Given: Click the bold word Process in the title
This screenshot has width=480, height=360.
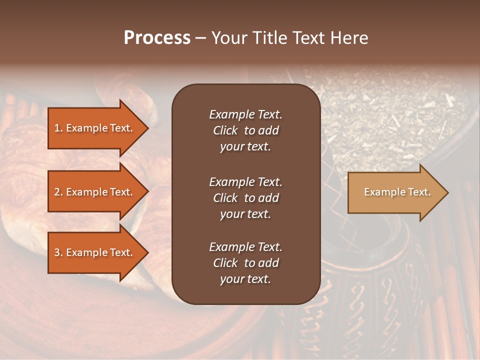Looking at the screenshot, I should pyautogui.click(x=157, y=38).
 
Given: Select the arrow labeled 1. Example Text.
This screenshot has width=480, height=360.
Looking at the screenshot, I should pyautogui.click(x=95, y=128).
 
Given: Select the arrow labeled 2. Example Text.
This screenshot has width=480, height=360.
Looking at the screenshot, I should pyautogui.click(x=95, y=192).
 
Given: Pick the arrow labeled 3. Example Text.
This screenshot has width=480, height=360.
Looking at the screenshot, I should pyautogui.click(x=95, y=252).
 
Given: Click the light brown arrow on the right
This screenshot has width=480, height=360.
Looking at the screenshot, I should pyautogui.click(x=395, y=192).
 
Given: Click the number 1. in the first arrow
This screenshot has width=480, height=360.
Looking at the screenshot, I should pyautogui.click(x=58, y=128).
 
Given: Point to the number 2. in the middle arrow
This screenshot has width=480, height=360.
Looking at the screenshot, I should pyautogui.click(x=58, y=192).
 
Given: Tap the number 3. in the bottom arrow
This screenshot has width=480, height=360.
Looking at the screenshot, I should pyautogui.click(x=58, y=253).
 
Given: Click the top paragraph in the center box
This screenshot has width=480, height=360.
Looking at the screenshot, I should pyautogui.click(x=245, y=130).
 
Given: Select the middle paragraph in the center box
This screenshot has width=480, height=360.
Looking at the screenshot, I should pyautogui.click(x=245, y=197).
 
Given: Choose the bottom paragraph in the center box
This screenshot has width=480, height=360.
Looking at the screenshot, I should pyautogui.click(x=245, y=263).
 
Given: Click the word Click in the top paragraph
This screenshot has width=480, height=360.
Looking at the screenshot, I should pyautogui.click(x=225, y=130).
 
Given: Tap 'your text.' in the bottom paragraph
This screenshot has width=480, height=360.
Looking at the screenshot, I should pyautogui.click(x=245, y=279).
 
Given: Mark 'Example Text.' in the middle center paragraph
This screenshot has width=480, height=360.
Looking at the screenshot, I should pyautogui.click(x=245, y=181).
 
